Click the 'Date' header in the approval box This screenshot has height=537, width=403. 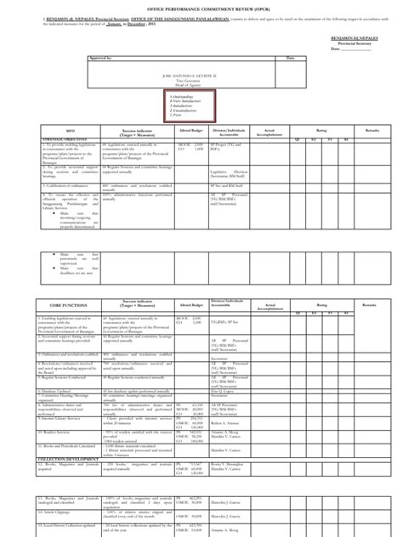(289, 59)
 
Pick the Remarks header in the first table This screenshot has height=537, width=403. (372, 131)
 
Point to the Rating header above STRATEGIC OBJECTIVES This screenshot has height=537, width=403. (314, 129)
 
